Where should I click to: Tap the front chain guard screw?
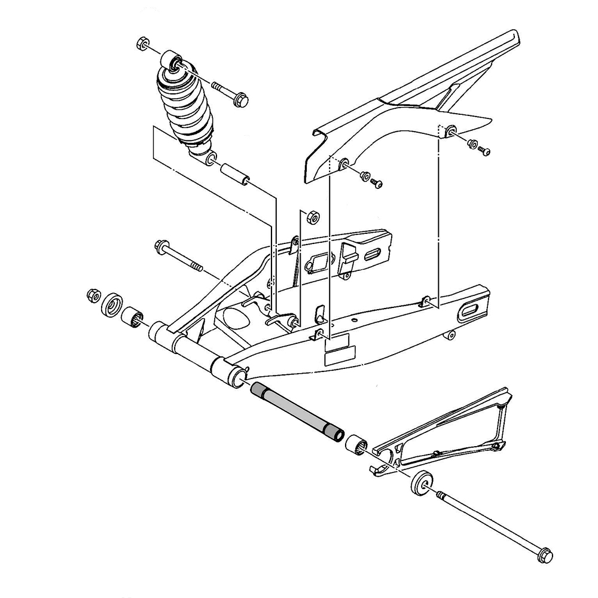click(377, 182)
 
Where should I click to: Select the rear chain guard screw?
click(485, 151)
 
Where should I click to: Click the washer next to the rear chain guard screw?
click(472, 144)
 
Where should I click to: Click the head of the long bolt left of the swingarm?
click(161, 246)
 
